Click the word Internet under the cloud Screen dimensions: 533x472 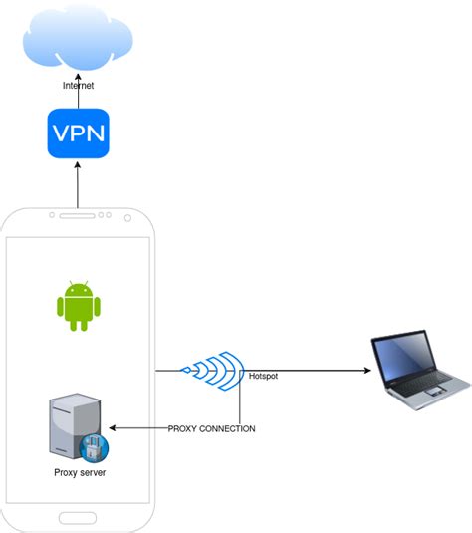[78, 87]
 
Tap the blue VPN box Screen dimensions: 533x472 [78, 133]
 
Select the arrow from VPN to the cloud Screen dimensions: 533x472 [78, 101]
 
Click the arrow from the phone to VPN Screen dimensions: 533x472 [78, 184]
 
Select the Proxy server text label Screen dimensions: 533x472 [77, 471]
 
